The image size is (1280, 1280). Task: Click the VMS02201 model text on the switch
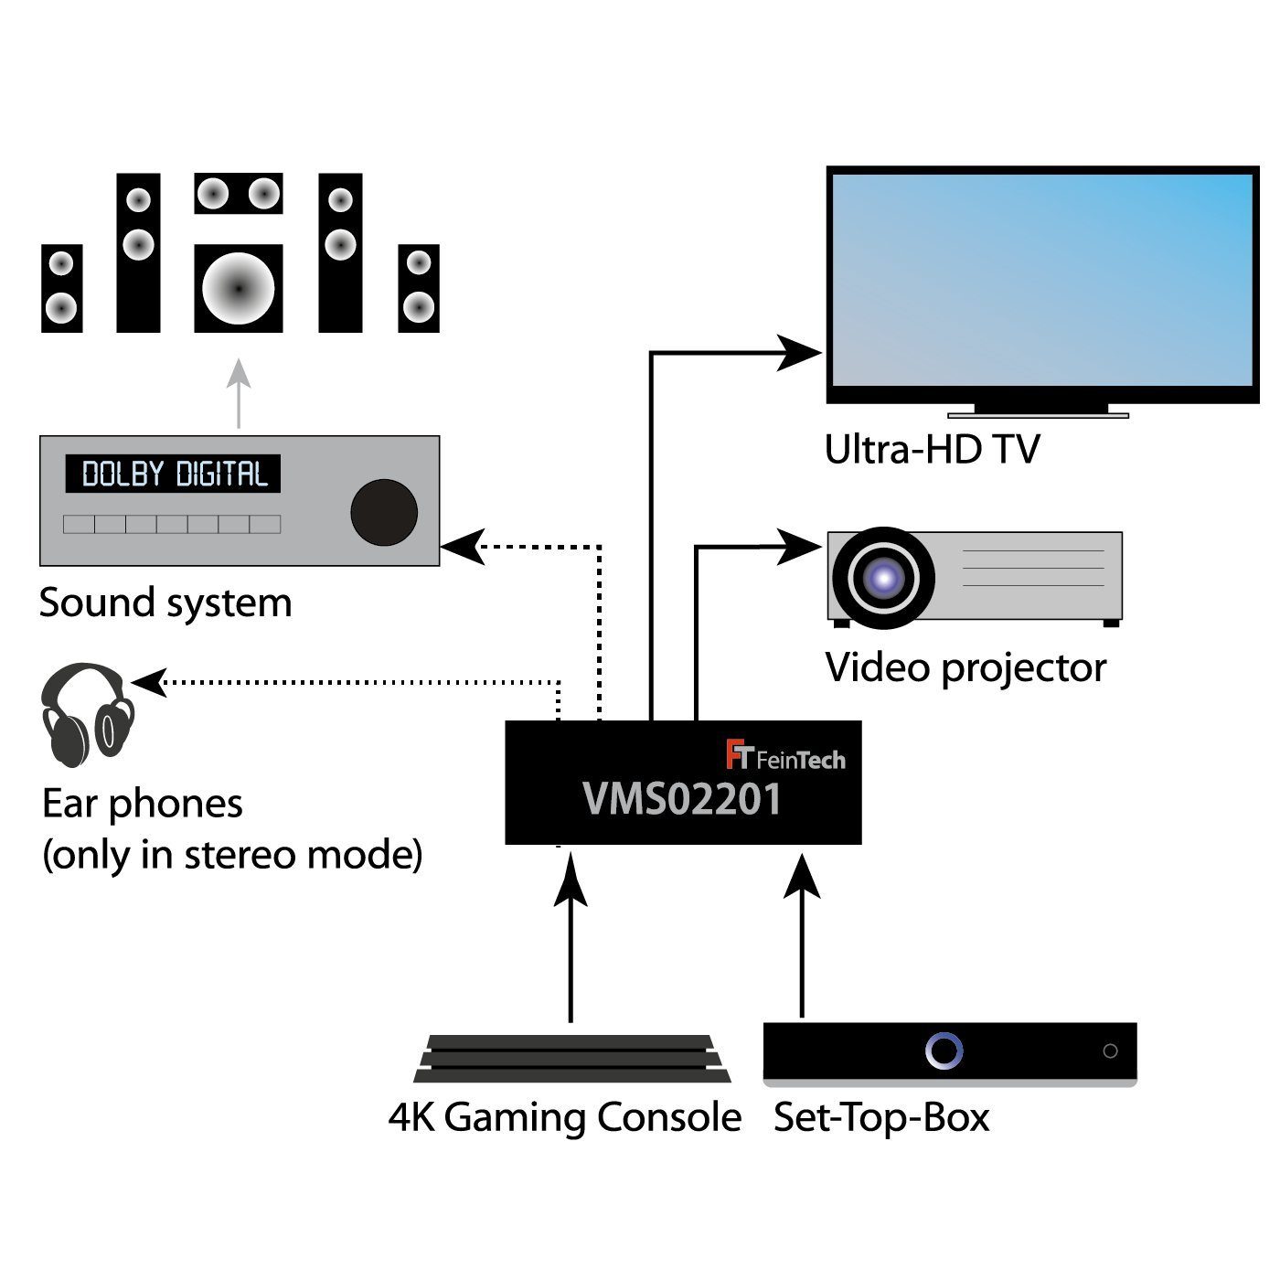682,799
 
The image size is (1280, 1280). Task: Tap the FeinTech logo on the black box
785,755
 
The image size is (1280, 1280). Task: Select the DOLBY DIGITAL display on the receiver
173,474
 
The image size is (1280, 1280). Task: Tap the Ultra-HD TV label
932,450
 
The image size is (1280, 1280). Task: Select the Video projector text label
965,667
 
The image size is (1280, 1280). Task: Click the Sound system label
165,603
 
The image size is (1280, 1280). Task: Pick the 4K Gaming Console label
565,1117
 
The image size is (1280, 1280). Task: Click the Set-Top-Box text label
881,1117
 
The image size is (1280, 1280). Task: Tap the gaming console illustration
571,1059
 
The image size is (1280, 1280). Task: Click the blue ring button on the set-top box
944,1051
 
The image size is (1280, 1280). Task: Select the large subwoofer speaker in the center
238,288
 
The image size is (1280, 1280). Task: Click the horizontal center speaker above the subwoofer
238,193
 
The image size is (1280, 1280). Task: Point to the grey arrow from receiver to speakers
239,393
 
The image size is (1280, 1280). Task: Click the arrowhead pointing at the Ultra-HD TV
799,353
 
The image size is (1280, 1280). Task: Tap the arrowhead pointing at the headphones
150,682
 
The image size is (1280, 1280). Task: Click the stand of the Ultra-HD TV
1051,411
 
